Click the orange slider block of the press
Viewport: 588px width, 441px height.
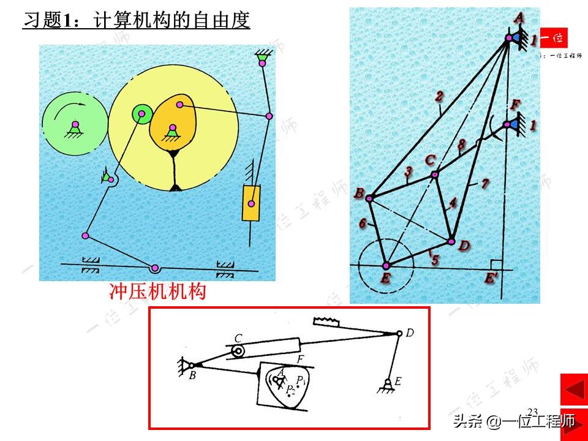(251, 202)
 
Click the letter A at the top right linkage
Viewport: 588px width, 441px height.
(518, 19)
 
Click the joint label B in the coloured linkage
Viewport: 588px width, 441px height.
(359, 194)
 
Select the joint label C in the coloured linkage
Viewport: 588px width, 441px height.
(430, 160)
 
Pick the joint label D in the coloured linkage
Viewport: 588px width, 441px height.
(464, 246)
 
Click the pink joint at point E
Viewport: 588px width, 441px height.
(386, 265)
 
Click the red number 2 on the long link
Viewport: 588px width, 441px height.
(439, 96)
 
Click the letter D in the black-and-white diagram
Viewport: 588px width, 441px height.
(410, 333)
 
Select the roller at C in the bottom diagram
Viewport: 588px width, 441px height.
(238, 350)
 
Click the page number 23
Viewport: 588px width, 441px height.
(532, 411)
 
